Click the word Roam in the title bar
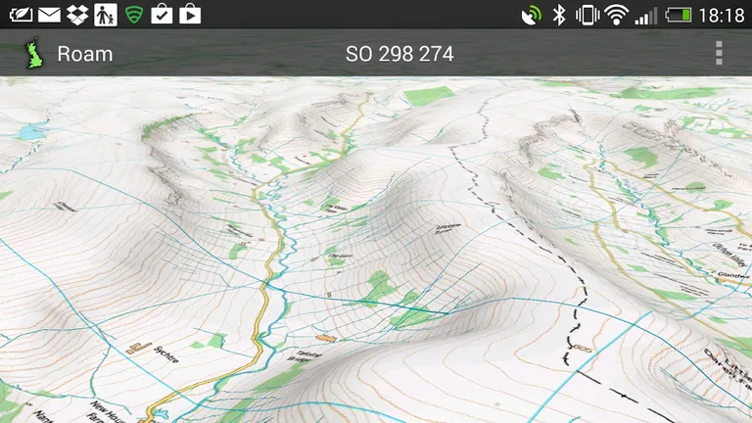(x=85, y=54)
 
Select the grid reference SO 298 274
(x=399, y=54)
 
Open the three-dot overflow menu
(x=719, y=53)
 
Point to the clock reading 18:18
(x=724, y=15)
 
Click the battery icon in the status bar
(x=679, y=15)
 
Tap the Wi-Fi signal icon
(x=616, y=15)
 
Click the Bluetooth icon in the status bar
(x=560, y=15)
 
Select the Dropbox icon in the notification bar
(x=78, y=15)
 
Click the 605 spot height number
(x=584, y=350)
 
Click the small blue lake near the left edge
(x=31, y=130)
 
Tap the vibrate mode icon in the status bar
(x=587, y=15)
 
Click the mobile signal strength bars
(x=645, y=15)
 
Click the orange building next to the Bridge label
(x=326, y=336)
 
